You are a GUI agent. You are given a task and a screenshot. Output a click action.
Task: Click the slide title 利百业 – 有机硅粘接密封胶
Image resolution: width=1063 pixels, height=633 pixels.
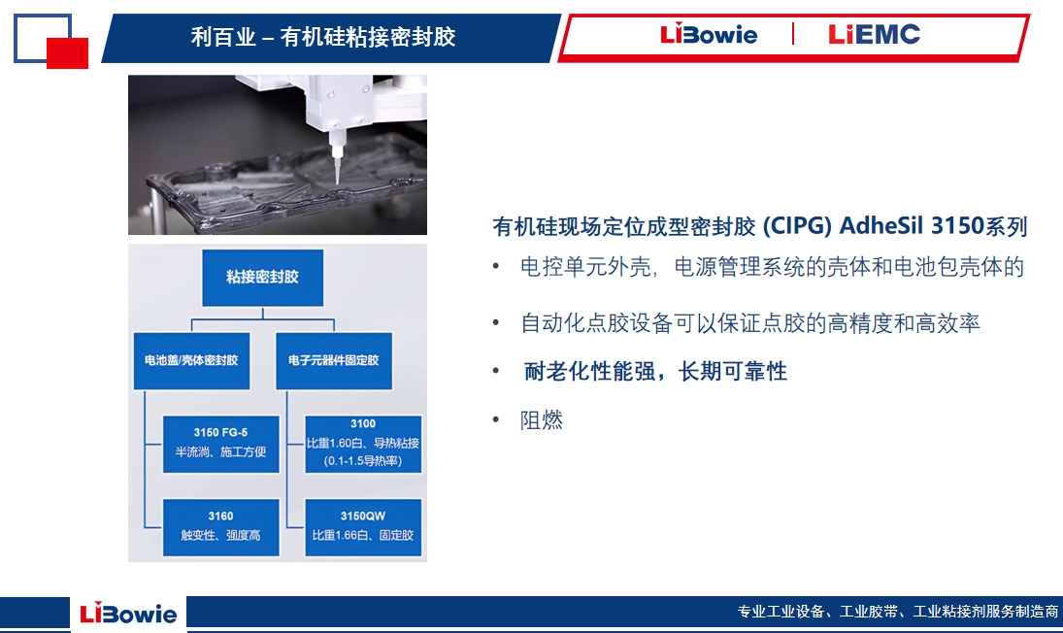click(322, 37)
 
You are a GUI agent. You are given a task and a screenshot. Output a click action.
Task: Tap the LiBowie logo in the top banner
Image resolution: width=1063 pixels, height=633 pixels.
click(709, 34)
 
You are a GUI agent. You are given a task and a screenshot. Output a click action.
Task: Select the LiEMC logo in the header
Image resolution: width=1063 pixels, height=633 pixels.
click(874, 34)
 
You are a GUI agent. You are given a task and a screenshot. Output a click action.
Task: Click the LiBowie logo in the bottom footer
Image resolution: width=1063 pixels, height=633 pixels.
click(128, 614)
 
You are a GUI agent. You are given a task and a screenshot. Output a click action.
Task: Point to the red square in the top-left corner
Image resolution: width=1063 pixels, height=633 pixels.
click(67, 53)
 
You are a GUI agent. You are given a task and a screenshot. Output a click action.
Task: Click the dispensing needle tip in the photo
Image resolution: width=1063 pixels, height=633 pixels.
click(337, 182)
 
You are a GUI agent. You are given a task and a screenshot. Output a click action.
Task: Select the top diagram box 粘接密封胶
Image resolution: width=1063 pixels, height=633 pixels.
click(262, 278)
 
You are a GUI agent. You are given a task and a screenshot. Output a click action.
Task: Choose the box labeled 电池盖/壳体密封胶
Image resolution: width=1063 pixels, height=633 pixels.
click(191, 360)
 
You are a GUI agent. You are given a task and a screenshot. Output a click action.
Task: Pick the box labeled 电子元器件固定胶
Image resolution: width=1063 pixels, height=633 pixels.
click(334, 360)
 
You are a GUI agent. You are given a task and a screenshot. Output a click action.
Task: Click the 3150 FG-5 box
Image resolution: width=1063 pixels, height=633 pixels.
click(221, 444)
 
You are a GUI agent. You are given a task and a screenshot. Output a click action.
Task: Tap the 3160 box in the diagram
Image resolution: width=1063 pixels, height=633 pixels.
click(221, 527)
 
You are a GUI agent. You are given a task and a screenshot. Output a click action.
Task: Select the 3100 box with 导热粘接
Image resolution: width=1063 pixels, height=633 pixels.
click(363, 444)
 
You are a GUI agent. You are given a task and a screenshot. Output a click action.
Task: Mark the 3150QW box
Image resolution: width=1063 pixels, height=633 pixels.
click(363, 527)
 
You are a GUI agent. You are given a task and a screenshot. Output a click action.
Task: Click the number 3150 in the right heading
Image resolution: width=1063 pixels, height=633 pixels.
click(957, 225)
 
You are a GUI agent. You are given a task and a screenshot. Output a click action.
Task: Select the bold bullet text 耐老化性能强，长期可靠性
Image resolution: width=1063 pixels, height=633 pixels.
click(655, 372)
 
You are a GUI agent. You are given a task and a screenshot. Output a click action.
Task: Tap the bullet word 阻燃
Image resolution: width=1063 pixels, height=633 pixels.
click(542, 420)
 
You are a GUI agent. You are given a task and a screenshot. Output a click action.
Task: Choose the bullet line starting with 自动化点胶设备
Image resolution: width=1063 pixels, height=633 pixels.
click(749, 323)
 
